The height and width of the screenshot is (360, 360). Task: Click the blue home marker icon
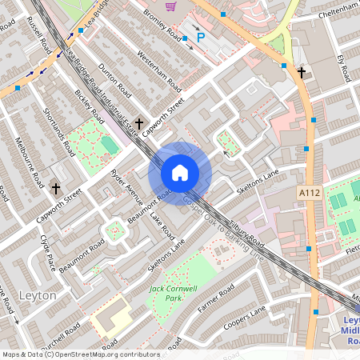point(180,173)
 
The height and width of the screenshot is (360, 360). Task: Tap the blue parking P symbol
point(201,37)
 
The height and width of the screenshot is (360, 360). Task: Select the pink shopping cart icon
point(170,6)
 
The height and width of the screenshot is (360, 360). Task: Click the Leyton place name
point(37,296)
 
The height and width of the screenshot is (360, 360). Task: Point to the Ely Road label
point(345,68)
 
